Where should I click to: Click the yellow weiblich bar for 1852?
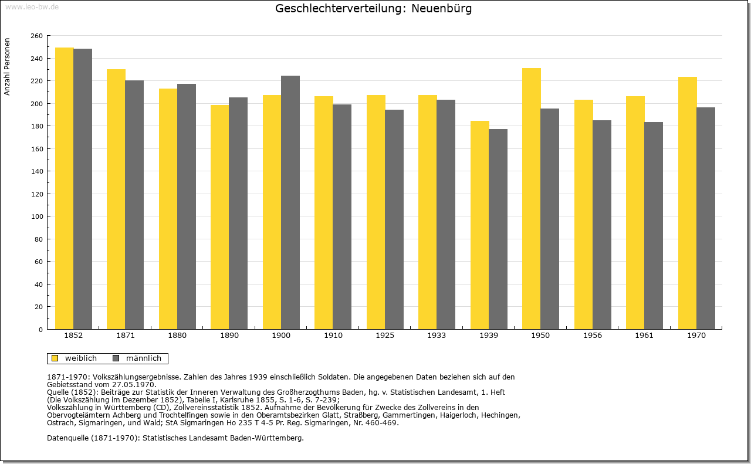pyautogui.click(x=65, y=188)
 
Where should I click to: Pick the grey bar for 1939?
pyautogui.click(x=498, y=229)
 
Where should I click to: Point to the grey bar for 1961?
pyautogui.click(x=654, y=225)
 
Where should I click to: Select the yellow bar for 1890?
pyautogui.click(x=220, y=217)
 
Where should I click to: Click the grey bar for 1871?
pyautogui.click(x=134, y=205)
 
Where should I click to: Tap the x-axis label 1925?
pyautogui.click(x=385, y=336)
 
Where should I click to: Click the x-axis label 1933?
pyautogui.click(x=437, y=336)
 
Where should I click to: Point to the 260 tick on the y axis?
pyautogui.click(x=36, y=36)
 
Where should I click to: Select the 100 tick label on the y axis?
pyautogui.click(x=36, y=216)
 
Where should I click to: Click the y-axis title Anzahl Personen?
pyautogui.click(x=8, y=67)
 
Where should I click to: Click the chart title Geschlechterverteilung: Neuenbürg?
pyautogui.click(x=373, y=9)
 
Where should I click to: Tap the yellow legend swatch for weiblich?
pyautogui.click(x=55, y=358)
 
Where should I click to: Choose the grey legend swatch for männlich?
pyautogui.click(x=116, y=358)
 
